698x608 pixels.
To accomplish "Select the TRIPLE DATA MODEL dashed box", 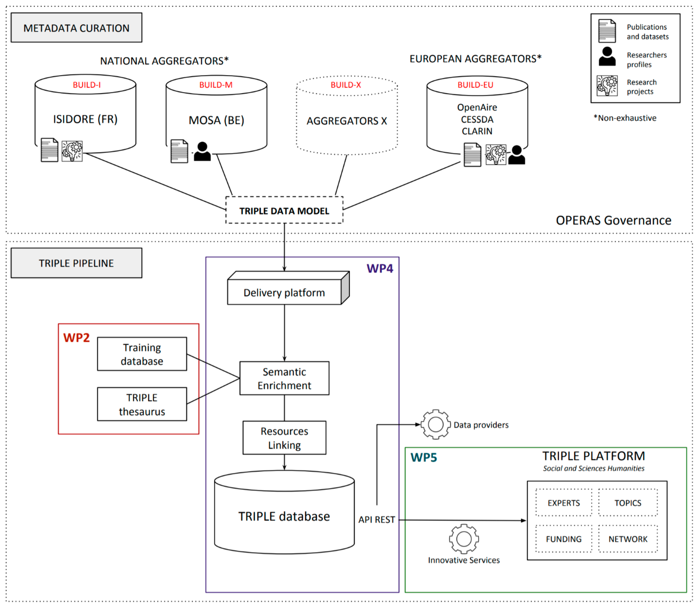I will tap(284, 210).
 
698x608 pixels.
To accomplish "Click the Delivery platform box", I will tap(284, 292).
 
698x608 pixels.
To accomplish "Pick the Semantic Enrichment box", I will tap(284, 378).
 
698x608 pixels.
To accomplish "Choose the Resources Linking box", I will tap(284, 438).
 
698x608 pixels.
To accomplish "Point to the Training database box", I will tap(142, 354).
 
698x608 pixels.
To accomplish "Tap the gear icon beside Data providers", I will tap(436, 424).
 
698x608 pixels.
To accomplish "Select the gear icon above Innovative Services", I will tap(464, 539).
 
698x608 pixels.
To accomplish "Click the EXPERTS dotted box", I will tap(563, 503).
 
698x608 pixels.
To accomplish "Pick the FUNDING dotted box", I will tap(563, 539).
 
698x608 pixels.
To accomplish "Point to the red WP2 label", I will tap(77, 338).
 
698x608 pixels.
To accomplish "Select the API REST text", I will tap(377, 519).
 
